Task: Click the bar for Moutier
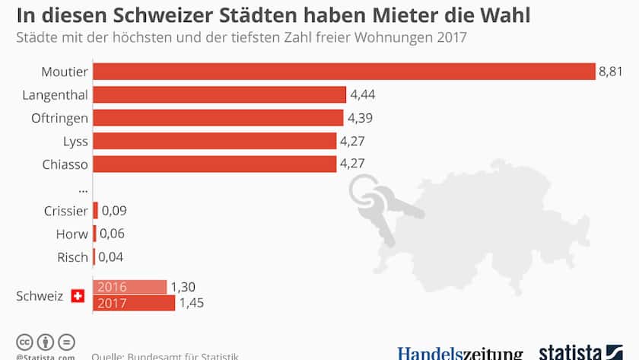point(344,72)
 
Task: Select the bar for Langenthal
point(220,94)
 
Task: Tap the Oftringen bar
point(218,118)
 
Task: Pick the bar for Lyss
point(215,141)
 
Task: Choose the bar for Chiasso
point(215,164)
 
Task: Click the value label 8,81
point(612,72)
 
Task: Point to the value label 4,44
point(363,94)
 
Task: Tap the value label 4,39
point(361,118)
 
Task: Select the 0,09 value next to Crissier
point(114,211)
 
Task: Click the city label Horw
point(72,234)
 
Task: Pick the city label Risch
point(72,257)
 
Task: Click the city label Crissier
point(66,211)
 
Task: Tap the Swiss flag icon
point(78,295)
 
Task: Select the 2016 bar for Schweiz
point(129,287)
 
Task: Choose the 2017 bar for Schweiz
point(134,303)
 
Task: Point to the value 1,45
point(191,303)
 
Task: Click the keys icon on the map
point(380,202)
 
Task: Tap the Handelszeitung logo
point(460,353)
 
